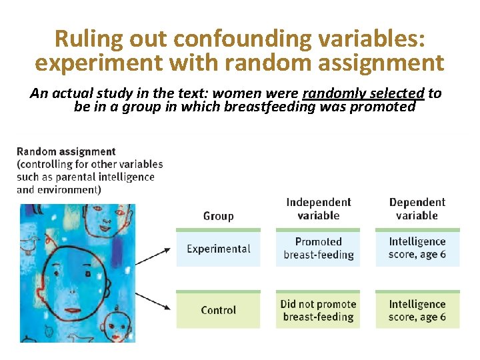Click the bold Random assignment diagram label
coord(66,151)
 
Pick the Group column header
coord(218,215)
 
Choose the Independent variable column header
coord(318,209)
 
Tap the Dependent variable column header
coord(417,209)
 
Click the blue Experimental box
coord(218,249)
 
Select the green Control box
coord(218,310)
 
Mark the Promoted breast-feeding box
coord(318,248)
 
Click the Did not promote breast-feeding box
coord(318,310)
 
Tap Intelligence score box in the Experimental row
coord(417,248)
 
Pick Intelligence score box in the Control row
coord(417,310)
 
